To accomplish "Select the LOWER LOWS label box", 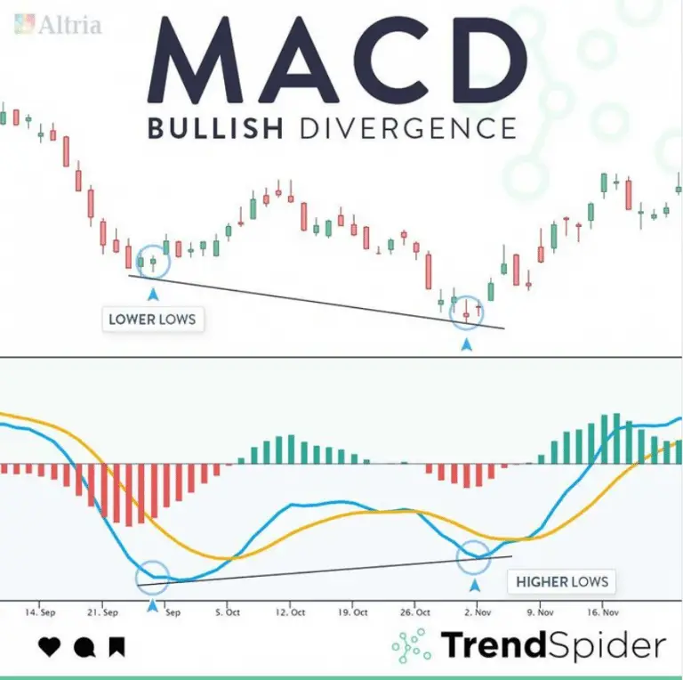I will tap(152, 319).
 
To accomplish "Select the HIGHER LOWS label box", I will tap(562, 582).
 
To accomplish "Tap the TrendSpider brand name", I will tap(553, 645).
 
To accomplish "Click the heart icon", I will tap(50, 647).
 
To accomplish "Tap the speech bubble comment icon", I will tap(84, 647).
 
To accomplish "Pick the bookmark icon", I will tap(117, 647).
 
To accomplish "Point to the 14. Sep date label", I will tap(42, 612).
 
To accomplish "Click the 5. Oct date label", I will tap(229, 612).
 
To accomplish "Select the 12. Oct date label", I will tap(291, 612).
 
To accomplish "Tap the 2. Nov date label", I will tap(478, 612).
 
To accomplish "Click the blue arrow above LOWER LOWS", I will tap(153, 292).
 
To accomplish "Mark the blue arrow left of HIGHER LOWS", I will tap(474, 586).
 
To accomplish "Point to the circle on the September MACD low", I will tap(152, 576).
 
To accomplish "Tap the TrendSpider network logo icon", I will tap(411, 645).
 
